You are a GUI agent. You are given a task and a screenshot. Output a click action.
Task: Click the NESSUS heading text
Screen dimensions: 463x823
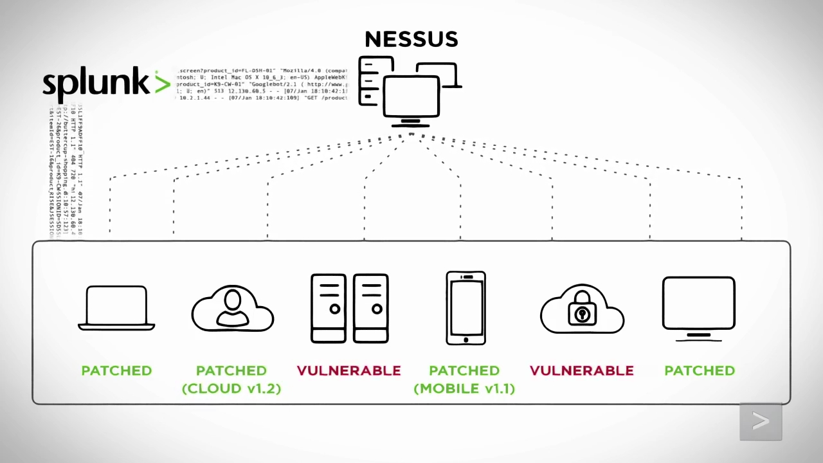pyautogui.click(x=411, y=39)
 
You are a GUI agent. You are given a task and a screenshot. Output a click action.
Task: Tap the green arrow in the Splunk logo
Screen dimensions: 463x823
pyautogui.click(x=162, y=84)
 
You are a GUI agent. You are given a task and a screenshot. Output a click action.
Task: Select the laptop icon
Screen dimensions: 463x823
pyautogui.click(x=116, y=308)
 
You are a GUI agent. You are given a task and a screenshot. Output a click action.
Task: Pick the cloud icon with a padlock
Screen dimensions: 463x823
pyautogui.click(x=582, y=310)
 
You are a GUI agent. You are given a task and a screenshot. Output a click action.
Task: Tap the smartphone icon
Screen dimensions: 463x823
pyautogui.click(x=466, y=308)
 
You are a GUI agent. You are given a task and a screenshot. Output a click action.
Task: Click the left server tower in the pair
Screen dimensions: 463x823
pyautogui.click(x=328, y=308)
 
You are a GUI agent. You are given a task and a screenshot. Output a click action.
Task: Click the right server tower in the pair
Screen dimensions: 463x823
pyautogui.click(x=371, y=308)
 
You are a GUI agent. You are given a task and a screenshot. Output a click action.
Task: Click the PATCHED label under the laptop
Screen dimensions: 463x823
pyautogui.click(x=116, y=370)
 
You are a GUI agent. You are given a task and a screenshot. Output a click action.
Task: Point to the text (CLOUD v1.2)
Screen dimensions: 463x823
pyautogui.click(x=231, y=388)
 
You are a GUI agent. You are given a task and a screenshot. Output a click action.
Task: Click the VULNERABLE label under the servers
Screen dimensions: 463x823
pyautogui.click(x=348, y=370)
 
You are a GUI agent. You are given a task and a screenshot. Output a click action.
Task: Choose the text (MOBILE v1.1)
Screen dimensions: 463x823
pyautogui.click(x=464, y=388)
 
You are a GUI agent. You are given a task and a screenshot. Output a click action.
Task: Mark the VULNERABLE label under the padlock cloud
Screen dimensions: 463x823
pyautogui.click(x=582, y=370)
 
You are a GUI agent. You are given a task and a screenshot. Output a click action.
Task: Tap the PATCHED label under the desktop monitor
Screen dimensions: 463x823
pyautogui.click(x=700, y=370)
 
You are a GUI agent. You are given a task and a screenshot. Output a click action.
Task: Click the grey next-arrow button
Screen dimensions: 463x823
pyautogui.click(x=761, y=422)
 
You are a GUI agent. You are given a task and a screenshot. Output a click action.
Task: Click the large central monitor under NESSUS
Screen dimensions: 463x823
pyautogui.click(x=411, y=96)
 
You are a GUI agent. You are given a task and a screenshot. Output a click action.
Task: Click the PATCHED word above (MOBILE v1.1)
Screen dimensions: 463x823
pyautogui.click(x=464, y=370)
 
